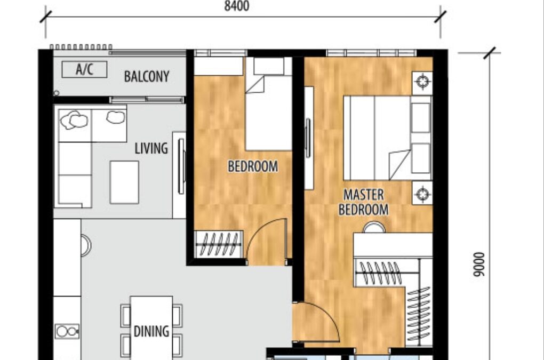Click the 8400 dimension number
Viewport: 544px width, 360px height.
coord(237,6)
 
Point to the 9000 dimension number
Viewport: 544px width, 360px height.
coord(479,265)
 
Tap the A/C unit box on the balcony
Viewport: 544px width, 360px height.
coord(84,69)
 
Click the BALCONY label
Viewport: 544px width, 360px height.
coord(147,77)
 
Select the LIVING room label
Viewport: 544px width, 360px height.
coord(151,148)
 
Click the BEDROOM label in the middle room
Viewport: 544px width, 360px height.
coord(253,166)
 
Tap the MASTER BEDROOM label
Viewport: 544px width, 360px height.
coord(363,202)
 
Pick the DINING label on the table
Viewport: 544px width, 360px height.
coord(151,331)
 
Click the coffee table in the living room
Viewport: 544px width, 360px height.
coord(124,182)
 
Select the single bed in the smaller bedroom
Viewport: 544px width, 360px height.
coord(268,104)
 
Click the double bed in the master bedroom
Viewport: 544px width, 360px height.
coord(387,138)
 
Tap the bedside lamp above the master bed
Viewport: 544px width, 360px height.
coord(422,82)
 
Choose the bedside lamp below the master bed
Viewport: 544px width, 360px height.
coord(422,193)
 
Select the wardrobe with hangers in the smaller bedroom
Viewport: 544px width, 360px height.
coord(218,244)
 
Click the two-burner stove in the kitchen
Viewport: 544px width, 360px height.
coord(67,332)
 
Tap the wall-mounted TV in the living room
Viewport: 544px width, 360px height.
coord(181,166)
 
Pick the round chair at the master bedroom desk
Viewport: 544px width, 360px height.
coord(374,228)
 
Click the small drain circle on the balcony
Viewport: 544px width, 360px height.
coord(56,93)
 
